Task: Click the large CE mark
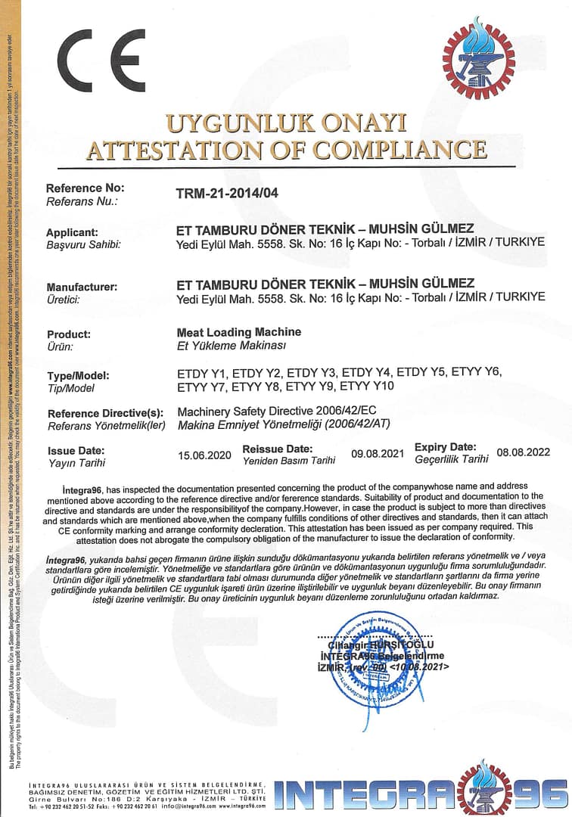[101, 61]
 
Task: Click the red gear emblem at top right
[478, 59]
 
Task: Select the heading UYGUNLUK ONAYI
[286, 123]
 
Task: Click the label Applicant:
[72, 232]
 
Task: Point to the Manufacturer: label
[82, 287]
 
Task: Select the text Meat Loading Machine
[238, 332]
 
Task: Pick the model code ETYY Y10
[366, 387]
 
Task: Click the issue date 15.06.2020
[204, 455]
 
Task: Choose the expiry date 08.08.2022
[522, 452]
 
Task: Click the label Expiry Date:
[446, 447]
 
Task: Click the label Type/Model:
[78, 375]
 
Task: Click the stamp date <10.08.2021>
[420, 667]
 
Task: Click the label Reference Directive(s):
[105, 413]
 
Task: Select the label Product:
[69, 334]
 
